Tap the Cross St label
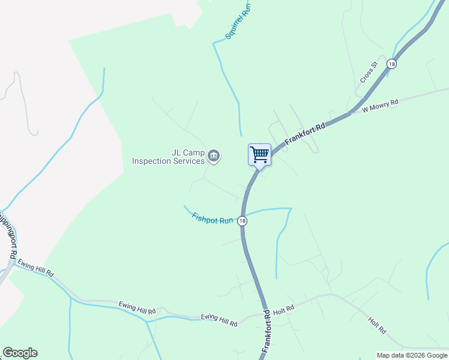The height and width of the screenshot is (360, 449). [368, 72]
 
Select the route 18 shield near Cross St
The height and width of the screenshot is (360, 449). [392, 64]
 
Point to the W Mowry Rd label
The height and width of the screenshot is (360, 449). [380, 106]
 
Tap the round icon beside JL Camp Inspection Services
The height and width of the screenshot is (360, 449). [214, 157]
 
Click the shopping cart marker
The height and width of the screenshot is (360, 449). [259, 154]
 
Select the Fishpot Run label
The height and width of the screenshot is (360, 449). [212, 218]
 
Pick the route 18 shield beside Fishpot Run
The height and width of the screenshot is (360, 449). [242, 221]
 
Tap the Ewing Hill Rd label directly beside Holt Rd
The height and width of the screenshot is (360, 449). [219, 320]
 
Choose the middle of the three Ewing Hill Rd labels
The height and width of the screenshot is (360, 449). [137, 308]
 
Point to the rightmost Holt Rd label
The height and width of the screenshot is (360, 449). [377, 326]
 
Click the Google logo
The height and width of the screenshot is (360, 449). [20, 353]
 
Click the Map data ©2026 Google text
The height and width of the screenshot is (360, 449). [412, 355]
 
